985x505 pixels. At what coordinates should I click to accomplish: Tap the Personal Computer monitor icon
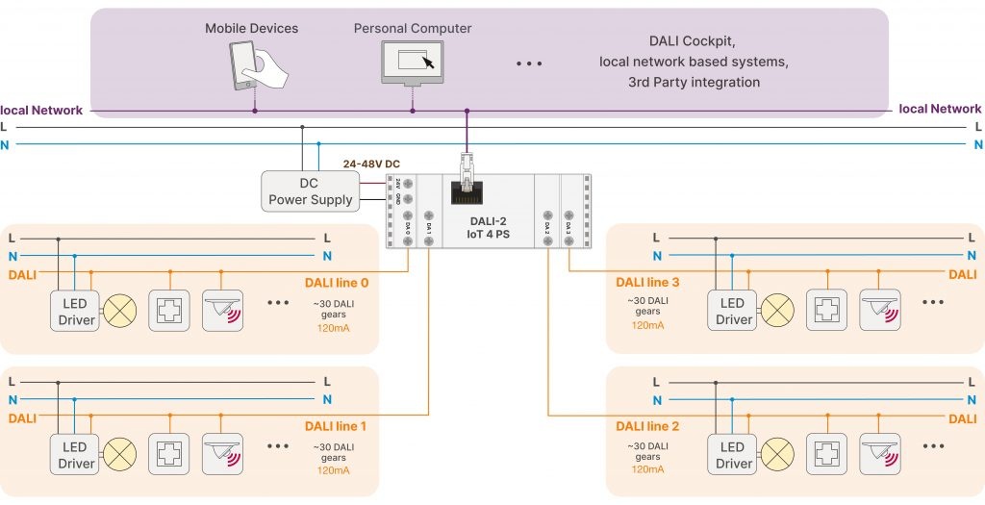[413, 64]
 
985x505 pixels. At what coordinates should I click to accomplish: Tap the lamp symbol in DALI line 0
[120, 311]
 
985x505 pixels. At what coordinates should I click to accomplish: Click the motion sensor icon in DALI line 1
[222, 455]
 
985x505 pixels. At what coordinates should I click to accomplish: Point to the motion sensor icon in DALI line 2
[879, 453]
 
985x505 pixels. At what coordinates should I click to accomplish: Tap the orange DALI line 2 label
[647, 426]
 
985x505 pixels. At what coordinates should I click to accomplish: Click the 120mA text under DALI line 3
[647, 325]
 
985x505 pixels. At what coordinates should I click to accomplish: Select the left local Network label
[41, 110]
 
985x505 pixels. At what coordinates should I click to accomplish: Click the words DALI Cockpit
[693, 41]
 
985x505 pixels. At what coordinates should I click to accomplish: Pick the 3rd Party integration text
[693, 82]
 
